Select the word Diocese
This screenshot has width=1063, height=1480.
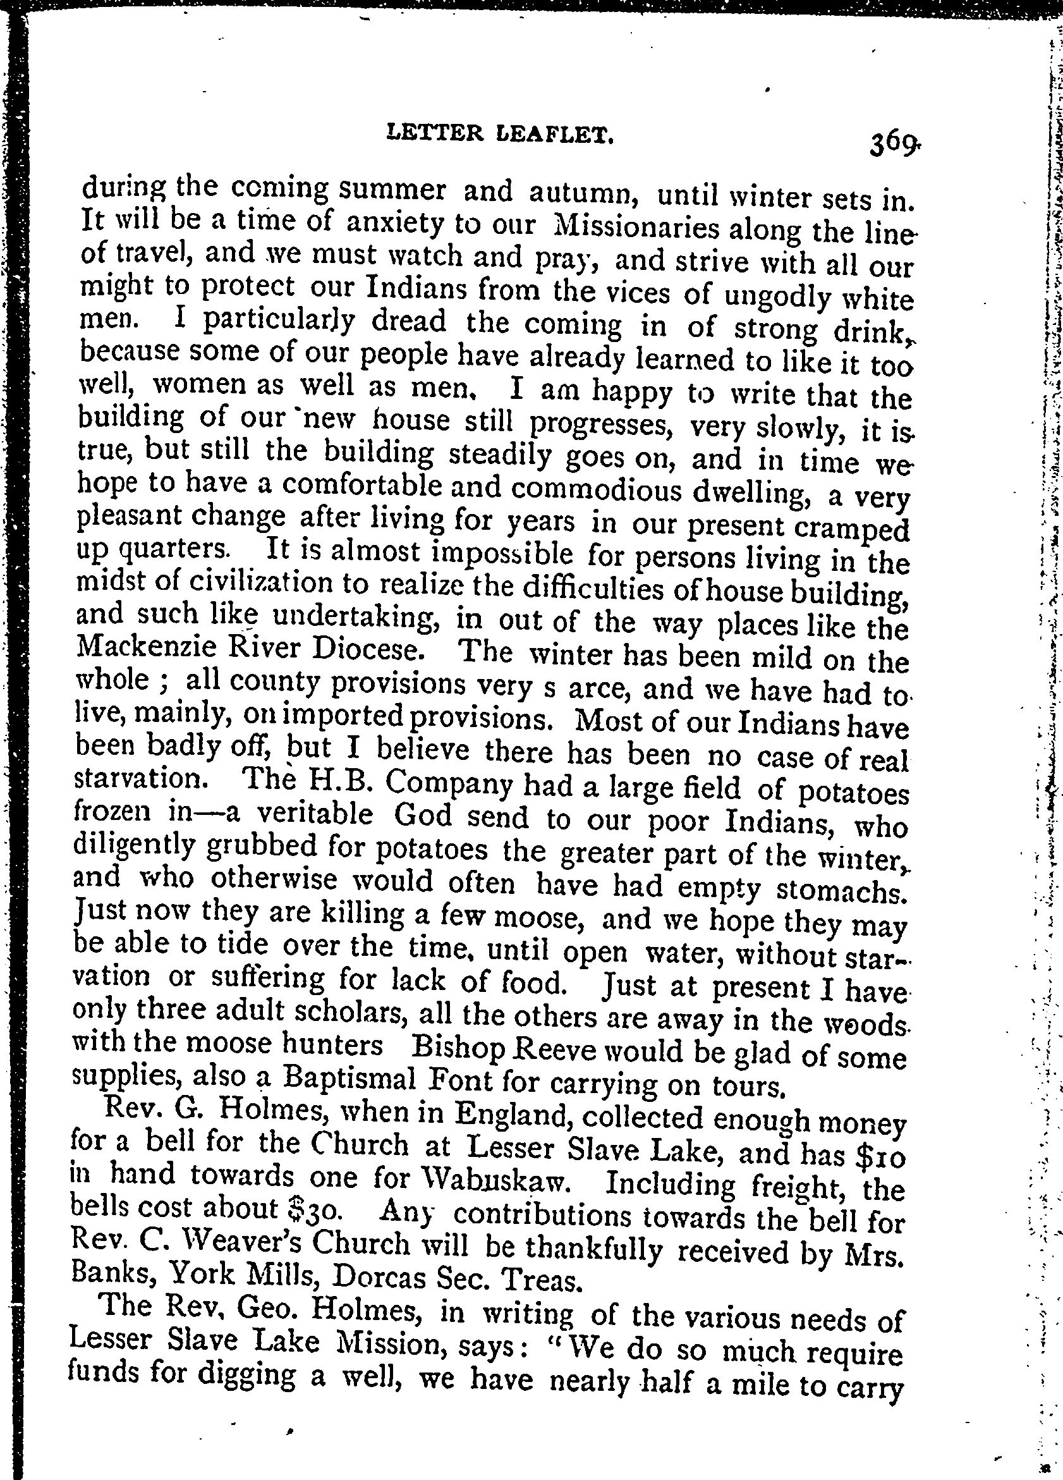point(373,648)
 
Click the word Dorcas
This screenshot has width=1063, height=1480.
point(374,1275)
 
